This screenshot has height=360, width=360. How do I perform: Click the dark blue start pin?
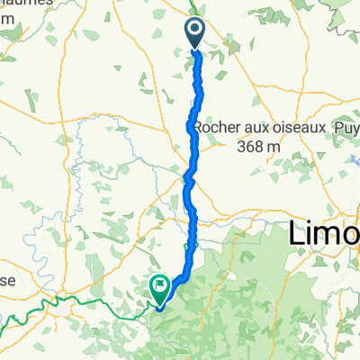click(x=196, y=33)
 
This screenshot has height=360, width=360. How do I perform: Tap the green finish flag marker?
click(x=159, y=288)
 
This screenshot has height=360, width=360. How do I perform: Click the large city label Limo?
click(x=325, y=236)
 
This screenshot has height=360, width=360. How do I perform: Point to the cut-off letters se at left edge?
click(x=7, y=281)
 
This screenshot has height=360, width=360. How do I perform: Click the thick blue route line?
click(x=192, y=180)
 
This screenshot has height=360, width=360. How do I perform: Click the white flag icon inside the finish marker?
click(x=160, y=285)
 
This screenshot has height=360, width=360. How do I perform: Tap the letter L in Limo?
click(x=298, y=236)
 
